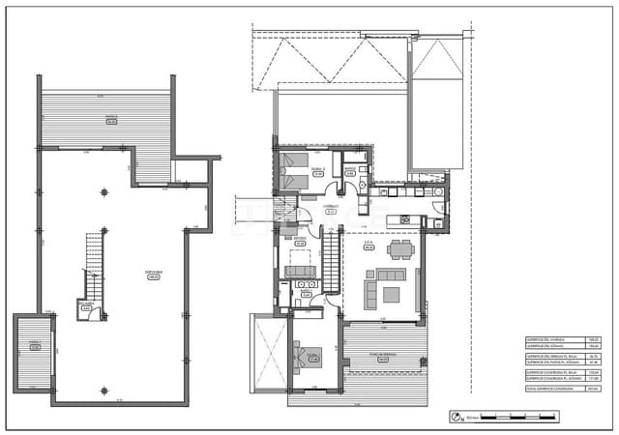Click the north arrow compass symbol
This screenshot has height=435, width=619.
[456, 418]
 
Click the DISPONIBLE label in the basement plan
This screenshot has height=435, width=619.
[154, 274]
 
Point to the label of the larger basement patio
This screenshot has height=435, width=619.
[111, 120]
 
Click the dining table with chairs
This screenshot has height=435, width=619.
[400, 250]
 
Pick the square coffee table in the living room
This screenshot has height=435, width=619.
[391, 294]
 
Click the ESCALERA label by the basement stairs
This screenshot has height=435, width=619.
[86, 307]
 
